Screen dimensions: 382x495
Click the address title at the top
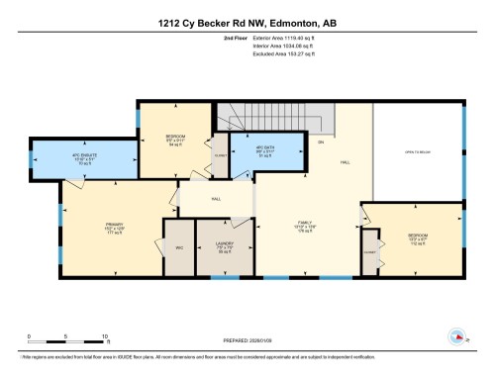247,23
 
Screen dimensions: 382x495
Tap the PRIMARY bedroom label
113,229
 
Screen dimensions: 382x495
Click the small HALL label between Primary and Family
215,198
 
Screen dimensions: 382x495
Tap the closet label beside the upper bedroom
221,155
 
